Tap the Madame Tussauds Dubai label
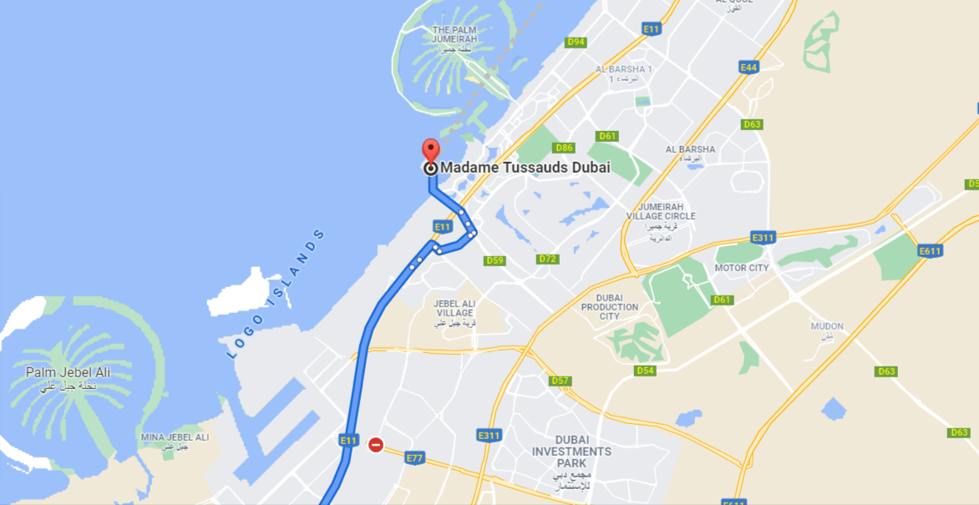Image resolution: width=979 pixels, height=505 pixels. pos(525,168)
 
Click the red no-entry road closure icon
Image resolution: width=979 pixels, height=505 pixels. pos(376,445)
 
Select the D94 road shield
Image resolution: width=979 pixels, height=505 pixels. pos(576,42)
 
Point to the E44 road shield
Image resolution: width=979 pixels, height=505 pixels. pos(748,67)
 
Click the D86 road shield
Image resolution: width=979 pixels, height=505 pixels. pos(565,148)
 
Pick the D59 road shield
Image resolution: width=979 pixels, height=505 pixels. pos(495,260)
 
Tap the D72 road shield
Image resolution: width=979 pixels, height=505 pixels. pos(548,259)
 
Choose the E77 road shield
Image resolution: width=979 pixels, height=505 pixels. pos(414,457)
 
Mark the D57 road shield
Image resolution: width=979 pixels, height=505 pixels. pos(561,381)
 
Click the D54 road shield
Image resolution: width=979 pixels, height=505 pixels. pos(645,370)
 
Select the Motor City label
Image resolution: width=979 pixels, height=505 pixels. pos(741,268)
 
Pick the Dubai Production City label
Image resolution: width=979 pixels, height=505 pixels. pos(610,306)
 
